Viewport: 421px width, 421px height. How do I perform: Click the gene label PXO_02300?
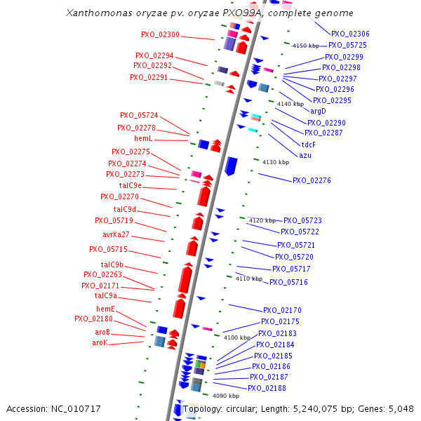tap(160, 34)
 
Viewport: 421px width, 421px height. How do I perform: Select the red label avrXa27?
tap(116, 234)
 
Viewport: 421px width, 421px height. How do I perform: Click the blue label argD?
tap(318, 111)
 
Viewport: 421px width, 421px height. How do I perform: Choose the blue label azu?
tap(305, 155)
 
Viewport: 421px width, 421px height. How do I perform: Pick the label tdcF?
tap(308, 144)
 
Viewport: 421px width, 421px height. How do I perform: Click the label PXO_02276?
tap(312, 180)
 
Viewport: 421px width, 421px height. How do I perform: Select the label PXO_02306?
tap(350, 34)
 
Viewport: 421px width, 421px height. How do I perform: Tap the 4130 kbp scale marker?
tap(275, 162)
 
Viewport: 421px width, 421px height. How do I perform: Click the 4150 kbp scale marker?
tap(305, 45)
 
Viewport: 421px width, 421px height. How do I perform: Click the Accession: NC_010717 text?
tap(53, 408)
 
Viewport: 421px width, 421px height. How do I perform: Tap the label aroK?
tap(100, 342)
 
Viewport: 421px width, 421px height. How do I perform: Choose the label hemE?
tap(105, 309)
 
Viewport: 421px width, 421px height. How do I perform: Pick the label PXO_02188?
tap(267, 388)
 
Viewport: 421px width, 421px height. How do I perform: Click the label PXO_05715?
tap(108, 249)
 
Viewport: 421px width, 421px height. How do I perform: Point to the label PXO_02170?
tap(282, 310)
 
